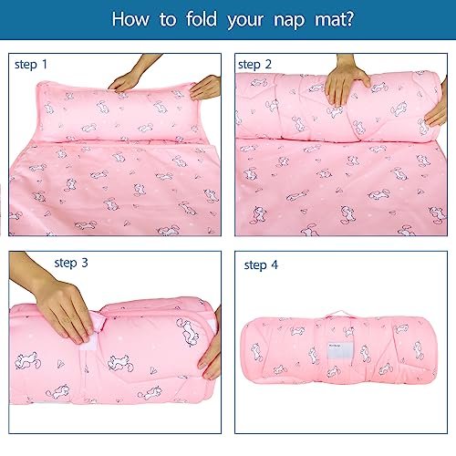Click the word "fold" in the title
[202, 19]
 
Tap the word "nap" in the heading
[289, 21]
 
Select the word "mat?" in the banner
[334, 19]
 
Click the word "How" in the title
[130, 19]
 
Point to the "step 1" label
[31, 65]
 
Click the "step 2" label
[254, 65]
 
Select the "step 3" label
[71, 263]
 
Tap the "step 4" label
[261, 264]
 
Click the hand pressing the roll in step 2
[346, 80]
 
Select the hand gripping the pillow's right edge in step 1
[206, 88]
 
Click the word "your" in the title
[245, 21]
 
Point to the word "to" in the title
[168, 19]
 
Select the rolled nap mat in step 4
[339, 349]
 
